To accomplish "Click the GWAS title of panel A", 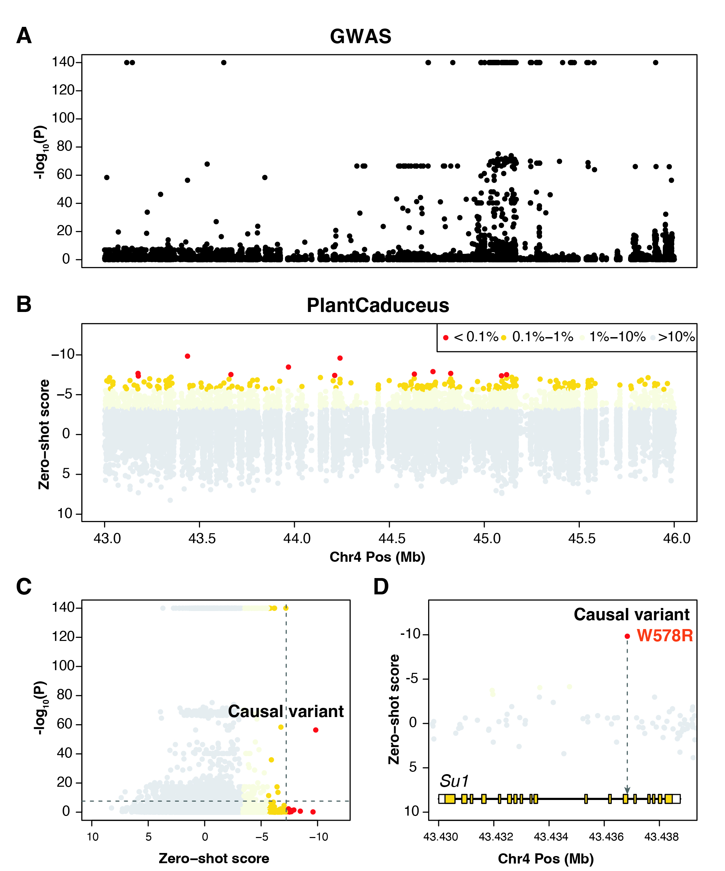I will point(360,36).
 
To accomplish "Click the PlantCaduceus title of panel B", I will point(378,306).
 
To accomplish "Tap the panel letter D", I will point(381,587).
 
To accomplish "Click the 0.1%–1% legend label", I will point(542,337).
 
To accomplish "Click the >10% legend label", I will point(676,337).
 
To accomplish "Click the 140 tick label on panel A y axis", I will point(63,62).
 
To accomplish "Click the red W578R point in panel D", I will point(627,636).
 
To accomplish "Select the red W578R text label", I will point(664,636).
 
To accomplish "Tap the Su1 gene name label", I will point(454,781).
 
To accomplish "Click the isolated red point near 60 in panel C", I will point(316,730).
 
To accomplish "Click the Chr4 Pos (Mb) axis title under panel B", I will point(377,557).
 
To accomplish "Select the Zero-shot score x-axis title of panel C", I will point(214,858).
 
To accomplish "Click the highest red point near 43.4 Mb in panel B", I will point(188,356).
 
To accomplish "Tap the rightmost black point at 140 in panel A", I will point(655,63).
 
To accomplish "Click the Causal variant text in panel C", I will point(286,712).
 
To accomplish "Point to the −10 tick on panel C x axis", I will point(318,837).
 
